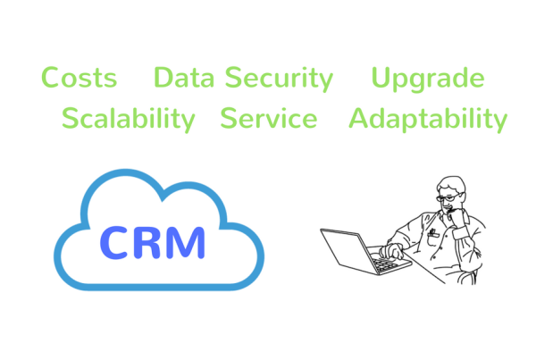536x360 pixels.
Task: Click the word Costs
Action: pyautogui.click(x=79, y=77)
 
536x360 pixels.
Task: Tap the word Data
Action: pyautogui.click(x=184, y=77)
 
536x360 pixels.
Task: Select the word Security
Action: pyautogui.click(x=279, y=80)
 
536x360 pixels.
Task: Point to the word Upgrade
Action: pyautogui.click(x=428, y=80)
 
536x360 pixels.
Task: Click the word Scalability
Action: pyautogui.click(x=128, y=120)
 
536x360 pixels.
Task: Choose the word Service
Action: pyautogui.click(x=269, y=118)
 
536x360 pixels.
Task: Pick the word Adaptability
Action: pyautogui.click(x=428, y=120)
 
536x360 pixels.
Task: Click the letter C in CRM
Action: pyautogui.click(x=114, y=242)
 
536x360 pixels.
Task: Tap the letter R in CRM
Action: pyautogui.click(x=147, y=242)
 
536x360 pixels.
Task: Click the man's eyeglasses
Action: pyautogui.click(x=448, y=197)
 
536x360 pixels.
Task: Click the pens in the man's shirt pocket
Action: pyautogui.click(x=433, y=232)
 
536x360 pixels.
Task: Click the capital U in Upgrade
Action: pyautogui.click(x=381, y=78)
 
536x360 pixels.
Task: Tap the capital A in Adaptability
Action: pyautogui.click(x=359, y=118)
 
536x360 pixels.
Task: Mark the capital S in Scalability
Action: pyautogui.click(x=70, y=118)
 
